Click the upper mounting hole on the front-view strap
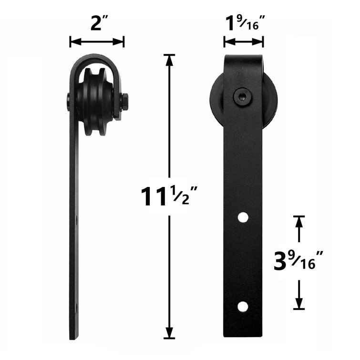click(243, 217)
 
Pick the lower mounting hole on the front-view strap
click(243, 306)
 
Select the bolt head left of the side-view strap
click(69, 102)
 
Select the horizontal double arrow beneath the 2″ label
click(97, 42)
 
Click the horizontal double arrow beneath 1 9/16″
click(244, 42)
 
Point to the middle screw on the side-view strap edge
click(77, 220)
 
